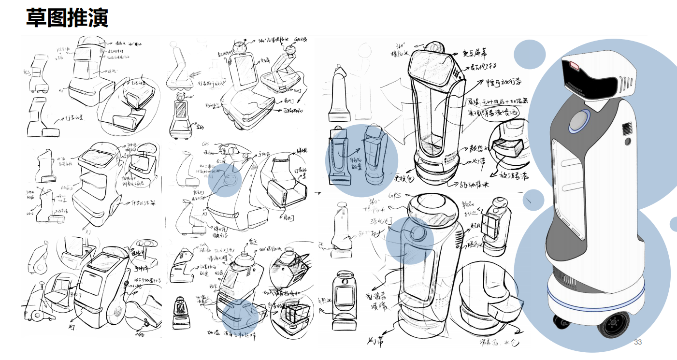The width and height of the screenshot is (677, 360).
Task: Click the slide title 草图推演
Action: point(67,18)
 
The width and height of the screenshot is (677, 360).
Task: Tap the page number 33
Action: point(638,342)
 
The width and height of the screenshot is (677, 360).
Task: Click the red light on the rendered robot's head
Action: point(574,65)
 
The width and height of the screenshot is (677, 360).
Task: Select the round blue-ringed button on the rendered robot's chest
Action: point(579,121)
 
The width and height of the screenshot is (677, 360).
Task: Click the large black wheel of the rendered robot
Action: point(613,324)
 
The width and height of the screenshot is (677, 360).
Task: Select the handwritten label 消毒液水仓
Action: point(490,343)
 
